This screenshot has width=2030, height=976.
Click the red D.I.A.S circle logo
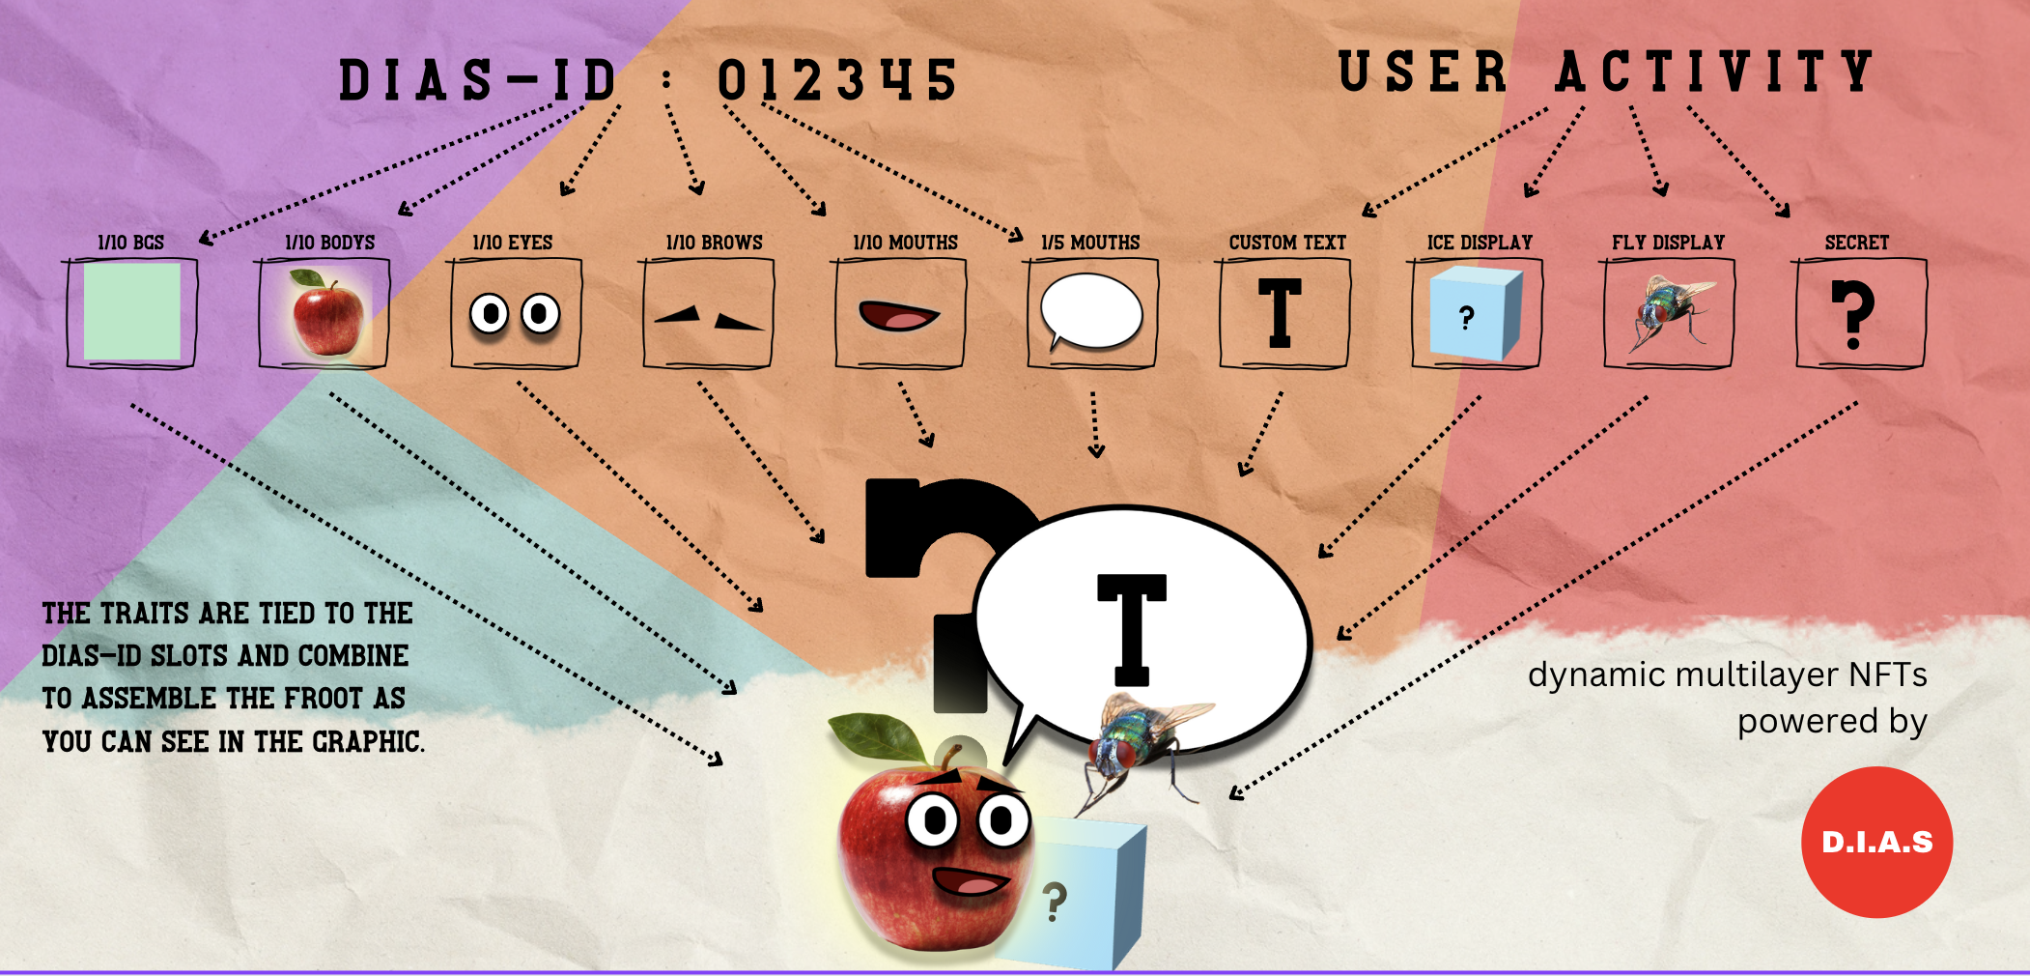tap(1876, 842)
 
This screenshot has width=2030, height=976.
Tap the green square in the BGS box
tap(132, 312)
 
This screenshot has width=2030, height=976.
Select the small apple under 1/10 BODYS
tap(327, 315)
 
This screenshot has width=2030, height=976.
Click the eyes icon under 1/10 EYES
tap(515, 313)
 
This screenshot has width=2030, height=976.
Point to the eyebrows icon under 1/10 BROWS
tap(708, 318)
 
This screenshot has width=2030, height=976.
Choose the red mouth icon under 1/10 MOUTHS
tap(898, 316)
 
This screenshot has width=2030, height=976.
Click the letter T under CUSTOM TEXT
tap(1280, 312)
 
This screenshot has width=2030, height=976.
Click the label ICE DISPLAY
tap(1480, 243)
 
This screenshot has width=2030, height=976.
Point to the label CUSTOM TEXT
tap(1287, 243)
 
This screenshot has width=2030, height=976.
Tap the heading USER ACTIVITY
tap(1605, 72)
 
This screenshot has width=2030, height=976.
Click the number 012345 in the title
tap(836, 79)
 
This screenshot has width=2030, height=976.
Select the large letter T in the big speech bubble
tap(1132, 628)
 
